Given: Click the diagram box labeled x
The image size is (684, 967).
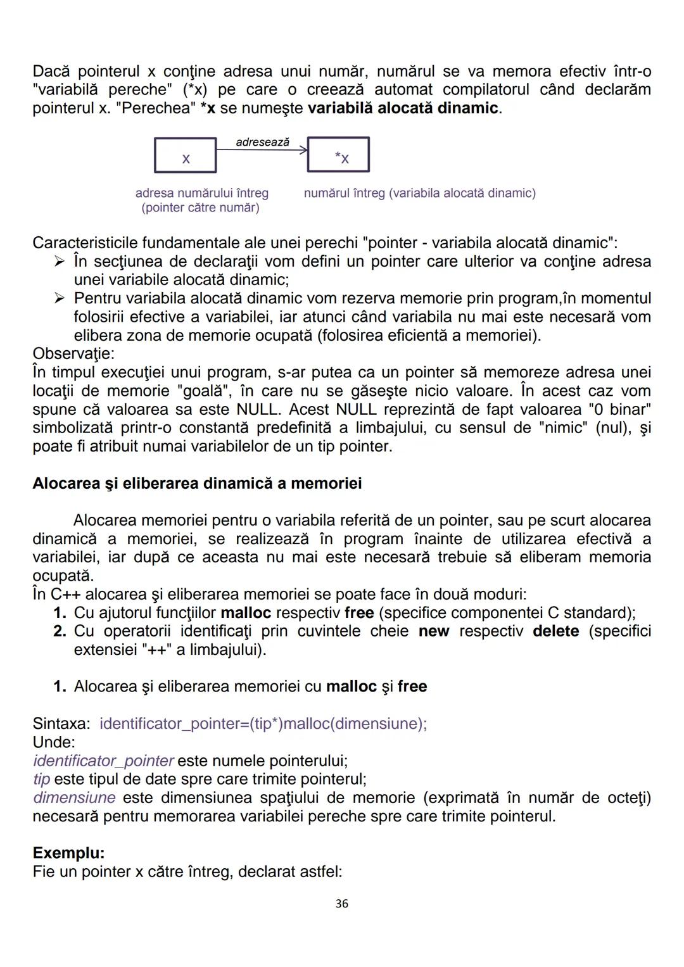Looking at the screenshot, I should click(185, 156).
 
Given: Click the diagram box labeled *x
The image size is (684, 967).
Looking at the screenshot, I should click(338, 155).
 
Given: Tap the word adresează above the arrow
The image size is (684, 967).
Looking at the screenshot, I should click(262, 142).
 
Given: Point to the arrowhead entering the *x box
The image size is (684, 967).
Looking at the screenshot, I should click(304, 149).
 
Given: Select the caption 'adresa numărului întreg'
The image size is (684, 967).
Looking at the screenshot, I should click(202, 193).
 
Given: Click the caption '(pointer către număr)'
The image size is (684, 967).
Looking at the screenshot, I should click(200, 208).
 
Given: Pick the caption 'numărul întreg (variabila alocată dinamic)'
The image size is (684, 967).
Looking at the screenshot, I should click(419, 193).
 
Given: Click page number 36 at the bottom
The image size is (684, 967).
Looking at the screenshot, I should click(341, 904).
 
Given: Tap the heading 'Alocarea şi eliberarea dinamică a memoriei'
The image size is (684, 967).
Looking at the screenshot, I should click(197, 484).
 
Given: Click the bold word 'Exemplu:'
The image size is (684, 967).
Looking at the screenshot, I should click(68, 853).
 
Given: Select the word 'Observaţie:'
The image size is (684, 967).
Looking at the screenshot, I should click(73, 353).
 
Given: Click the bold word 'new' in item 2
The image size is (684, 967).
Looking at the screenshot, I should click(434, 631).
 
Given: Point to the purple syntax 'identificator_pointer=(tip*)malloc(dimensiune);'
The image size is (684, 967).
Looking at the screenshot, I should click(263, 723).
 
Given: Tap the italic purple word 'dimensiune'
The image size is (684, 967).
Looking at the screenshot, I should click(74, 797).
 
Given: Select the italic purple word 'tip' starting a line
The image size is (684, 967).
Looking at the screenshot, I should click(41, 779).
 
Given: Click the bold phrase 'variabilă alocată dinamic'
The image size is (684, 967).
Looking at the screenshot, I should click(403, 108).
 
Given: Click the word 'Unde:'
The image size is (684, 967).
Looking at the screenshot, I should click(54, 742).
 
